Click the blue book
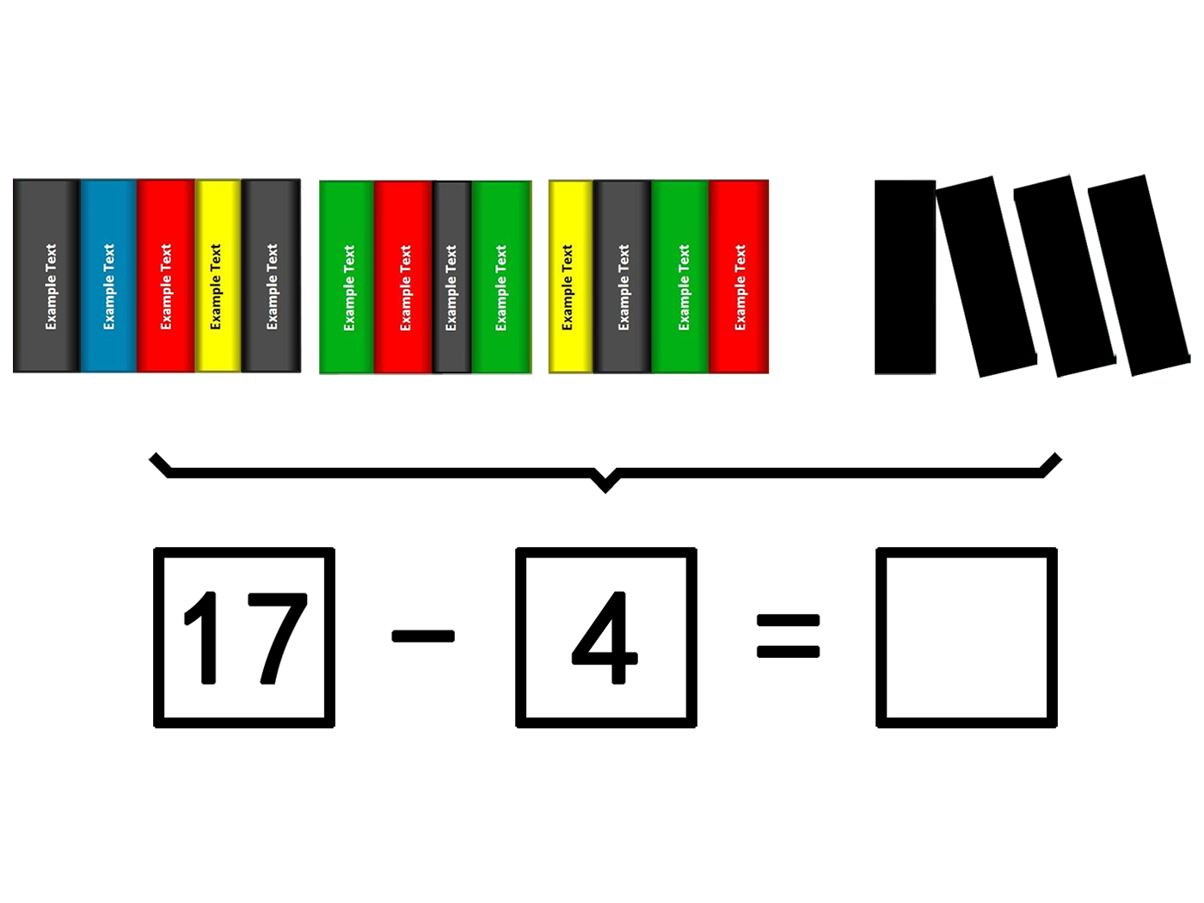click(x=108, y=276)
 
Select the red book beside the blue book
click(x=166, y=276)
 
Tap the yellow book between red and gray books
click(x=218, y=276)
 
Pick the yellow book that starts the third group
click(x=571, y=277)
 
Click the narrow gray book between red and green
click(x=452, y=277)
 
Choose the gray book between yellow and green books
click(x=622, y=277)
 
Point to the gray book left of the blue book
click(x=46, y=276)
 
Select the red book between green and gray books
click(x=403, y=277)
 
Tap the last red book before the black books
click(x=738, y=277)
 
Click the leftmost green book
click(x=347, y=277)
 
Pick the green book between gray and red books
click(x=680, y=277)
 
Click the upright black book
click(x=905, y=277)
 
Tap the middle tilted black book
click(x=1065, y=276)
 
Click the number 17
click(x=245, y=637)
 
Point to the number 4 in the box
click(x=605, y=637)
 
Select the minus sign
click(x=423, y=636)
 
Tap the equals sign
click(x=789, y=636)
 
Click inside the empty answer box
click(x=967, y=637)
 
